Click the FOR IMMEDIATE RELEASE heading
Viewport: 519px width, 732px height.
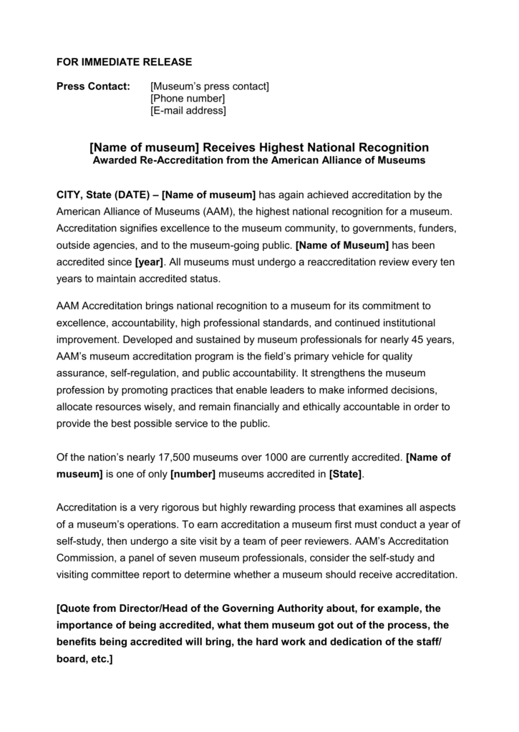click(124, 62)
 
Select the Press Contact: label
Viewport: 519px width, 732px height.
click(93, 86)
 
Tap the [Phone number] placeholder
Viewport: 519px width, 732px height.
click(188, 99)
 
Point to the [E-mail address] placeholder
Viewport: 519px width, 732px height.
click(188, 111)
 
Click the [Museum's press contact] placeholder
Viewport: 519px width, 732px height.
click(210, 86)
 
